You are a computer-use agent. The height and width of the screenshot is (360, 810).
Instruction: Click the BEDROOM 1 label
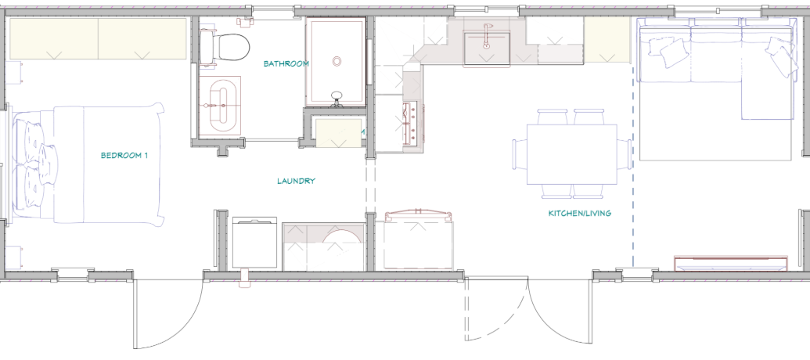click(x=124, y=155)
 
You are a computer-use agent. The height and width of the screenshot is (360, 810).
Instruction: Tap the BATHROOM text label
click(x=286, y=64)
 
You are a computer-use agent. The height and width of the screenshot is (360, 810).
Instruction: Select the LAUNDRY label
click(x=296, y=181)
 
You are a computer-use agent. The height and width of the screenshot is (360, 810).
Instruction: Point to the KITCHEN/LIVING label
click(x=580, y=213)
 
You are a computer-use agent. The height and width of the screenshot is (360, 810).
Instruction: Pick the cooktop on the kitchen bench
click(x=411, y=124)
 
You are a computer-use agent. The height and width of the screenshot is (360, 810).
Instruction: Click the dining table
click(x=571, y=154)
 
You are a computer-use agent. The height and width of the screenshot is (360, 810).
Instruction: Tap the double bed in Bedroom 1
click(x=88, y=165)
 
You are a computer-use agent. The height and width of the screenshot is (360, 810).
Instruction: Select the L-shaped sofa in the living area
click(x=715, y=67)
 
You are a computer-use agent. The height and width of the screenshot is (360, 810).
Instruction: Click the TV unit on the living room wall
click(x=731, y=264)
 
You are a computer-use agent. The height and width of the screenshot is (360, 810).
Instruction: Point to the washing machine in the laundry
click(x=254, y=243)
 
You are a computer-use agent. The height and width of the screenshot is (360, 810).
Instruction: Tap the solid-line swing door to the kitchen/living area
click(x=560, y=310)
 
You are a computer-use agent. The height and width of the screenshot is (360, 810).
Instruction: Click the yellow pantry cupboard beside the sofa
click(x=607, y=40)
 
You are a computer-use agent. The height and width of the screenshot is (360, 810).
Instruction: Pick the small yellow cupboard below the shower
click(x=339, y=133)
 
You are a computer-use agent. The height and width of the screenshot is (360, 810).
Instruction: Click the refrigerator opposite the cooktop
click(x=418, y=241)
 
